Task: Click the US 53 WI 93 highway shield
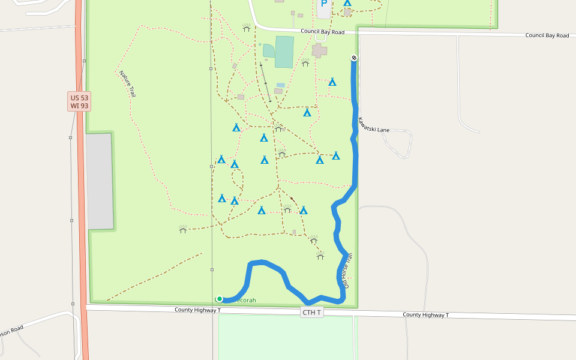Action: [x=79, y=101]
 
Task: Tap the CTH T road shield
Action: [x=312, y=313]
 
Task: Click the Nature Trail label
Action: [x=127, y=84]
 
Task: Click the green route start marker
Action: [x=220, y=299]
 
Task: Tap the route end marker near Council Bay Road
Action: [x=354, y=58]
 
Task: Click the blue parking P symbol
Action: [x=324, y=4]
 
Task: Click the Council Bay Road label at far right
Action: [x=547, y=35]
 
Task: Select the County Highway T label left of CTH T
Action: [x=198, y=310]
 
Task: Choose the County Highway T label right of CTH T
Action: [x=425, y=314]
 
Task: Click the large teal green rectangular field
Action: [x=284, y=52]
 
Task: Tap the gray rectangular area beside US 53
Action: [x=100, y=181]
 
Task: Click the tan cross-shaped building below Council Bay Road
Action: [x=319, y=50]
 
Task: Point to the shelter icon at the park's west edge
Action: [x=183, y=229]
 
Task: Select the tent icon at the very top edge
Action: [x=347, y=3]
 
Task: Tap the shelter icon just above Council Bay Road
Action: [x=246, y=28]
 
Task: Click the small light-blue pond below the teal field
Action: [x=281, y=85]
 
